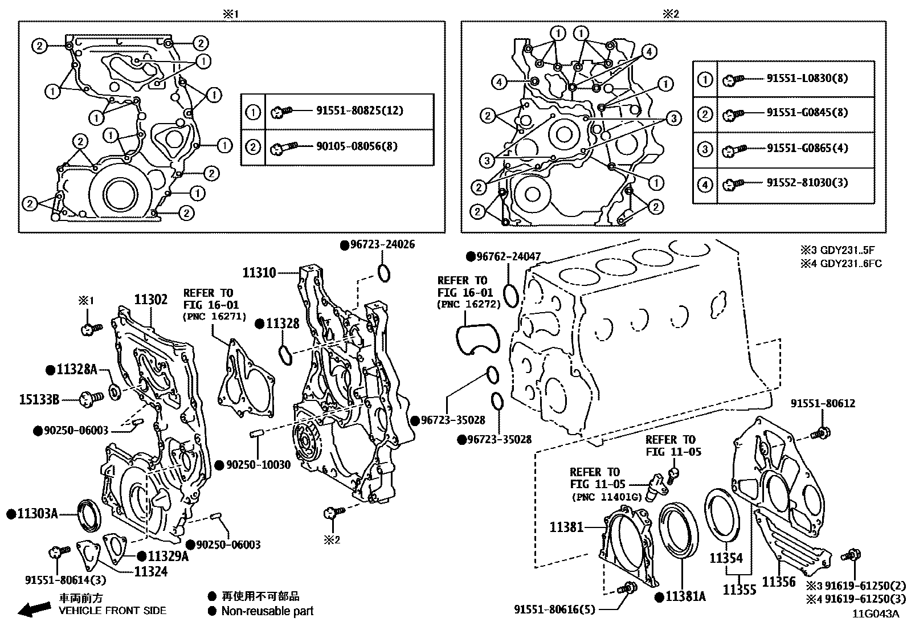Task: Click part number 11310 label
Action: (x=259, y=273)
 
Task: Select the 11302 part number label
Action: (x=150, y=300)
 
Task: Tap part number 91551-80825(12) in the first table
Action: (x=359, y=111)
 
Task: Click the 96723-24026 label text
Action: (x=382, y=245)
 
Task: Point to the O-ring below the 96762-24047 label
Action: (x=512, y=293)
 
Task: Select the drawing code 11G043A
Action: (x=875, y=614)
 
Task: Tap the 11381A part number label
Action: (x=685, y=596)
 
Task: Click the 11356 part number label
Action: (x=778, y=582)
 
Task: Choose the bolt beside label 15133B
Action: (x=90, y=398)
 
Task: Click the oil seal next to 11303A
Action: (x=90, y=515)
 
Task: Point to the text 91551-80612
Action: (x=822, y=403)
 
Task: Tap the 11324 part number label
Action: (x=150, y=571)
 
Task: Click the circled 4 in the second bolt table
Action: (x=705, y=185)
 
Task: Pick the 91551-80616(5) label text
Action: (x=554, y=609)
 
